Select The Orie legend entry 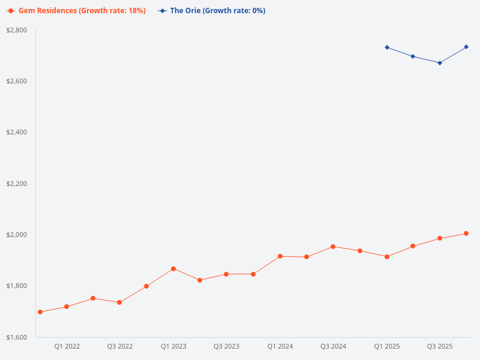click(211, 11)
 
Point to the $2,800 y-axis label click(17, 30)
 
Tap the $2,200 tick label click(17, 184)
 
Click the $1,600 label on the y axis click(17, 337)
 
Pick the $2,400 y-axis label click(17, 132)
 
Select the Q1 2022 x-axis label click(67, 347)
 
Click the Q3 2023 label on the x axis click(226, 347)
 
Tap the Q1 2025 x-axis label click(387, 347)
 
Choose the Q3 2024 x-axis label click(333, 347)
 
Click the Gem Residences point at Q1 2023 click(173, 269)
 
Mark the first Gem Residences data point click(40, 312)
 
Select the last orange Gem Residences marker click(466, 233)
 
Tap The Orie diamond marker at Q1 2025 click(387, 47)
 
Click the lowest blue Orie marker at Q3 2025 click(440, 63)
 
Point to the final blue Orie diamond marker click(466, 47)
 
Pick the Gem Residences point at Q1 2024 click(280, 256)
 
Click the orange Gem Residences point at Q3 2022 click(119, 302)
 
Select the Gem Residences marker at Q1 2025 click(387, 257)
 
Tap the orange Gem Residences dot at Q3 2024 click(333, 247)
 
